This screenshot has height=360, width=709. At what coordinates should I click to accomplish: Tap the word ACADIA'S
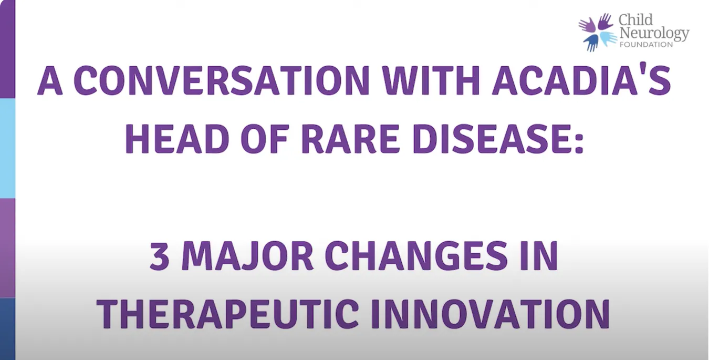[581, 80]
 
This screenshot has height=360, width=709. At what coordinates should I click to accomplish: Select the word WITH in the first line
[431, 80]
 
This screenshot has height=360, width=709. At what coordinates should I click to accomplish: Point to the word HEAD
[178, 139]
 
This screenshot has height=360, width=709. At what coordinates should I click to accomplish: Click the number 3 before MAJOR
[159, 255]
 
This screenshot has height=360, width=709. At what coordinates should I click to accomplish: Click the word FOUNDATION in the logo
[646, 45]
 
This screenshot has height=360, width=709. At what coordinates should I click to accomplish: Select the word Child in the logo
[635, 20]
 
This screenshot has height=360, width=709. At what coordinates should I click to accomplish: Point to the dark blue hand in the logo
[591, 43]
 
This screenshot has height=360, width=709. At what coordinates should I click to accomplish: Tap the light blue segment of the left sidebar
[7, 148]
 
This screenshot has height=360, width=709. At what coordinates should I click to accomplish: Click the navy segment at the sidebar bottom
[7, 328]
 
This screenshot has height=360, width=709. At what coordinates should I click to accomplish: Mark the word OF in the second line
[265, 139]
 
